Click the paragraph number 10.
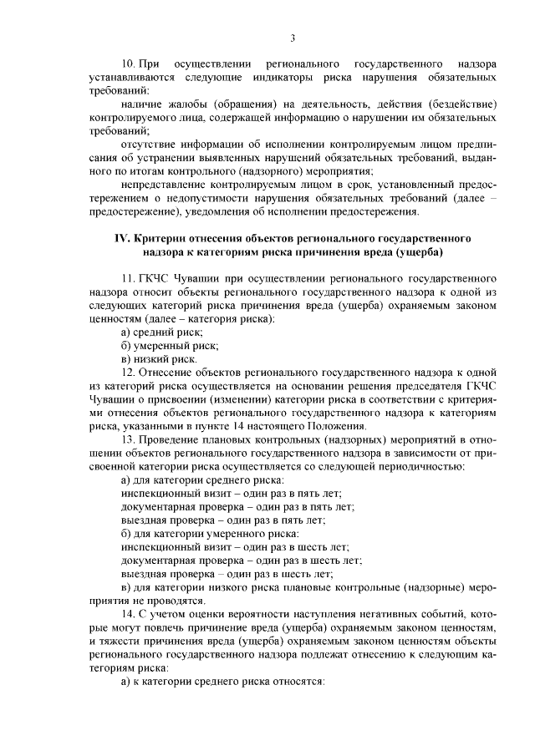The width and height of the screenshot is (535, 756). pos(128,63)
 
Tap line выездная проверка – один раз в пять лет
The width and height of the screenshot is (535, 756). pos(223,519)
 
